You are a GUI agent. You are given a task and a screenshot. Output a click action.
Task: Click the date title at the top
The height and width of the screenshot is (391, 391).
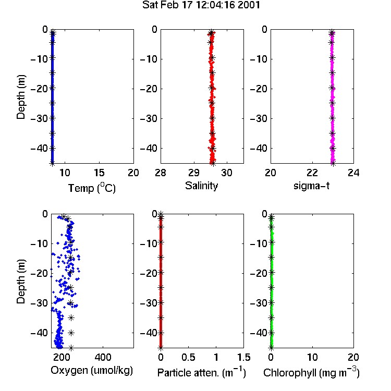[x=201, y=5]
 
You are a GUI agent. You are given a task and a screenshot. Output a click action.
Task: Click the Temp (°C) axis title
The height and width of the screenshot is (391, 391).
[x=92, y=188]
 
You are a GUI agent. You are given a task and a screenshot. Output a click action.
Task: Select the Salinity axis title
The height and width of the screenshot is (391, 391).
[x=201, y=186]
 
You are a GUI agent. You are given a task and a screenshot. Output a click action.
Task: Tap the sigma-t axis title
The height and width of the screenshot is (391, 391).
[x=311, y=186]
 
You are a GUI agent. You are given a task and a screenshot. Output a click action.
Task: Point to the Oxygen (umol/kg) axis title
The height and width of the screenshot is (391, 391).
[x=92, y=371]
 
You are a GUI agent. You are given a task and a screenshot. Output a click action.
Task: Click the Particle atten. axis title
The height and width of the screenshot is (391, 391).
[x=201, y=373]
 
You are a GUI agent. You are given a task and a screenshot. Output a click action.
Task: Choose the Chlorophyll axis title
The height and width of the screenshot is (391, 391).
[x=311, y=373]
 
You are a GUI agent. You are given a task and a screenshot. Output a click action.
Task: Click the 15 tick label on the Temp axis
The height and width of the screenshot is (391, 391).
[x=99, y=173]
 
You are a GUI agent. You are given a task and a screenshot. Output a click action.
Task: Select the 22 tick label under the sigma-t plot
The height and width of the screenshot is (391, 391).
[x=312, y=173]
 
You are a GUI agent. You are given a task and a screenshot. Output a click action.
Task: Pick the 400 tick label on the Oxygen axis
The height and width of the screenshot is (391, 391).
[x=103, y=357]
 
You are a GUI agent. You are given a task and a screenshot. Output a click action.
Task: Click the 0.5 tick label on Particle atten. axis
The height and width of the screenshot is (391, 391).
[x=188, y=357]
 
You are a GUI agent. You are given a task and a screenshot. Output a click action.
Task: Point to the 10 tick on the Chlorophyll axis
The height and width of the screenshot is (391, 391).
[x=312, y=357]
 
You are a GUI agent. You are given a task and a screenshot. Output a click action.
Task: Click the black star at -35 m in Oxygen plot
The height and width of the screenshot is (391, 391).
[x=71, y=317]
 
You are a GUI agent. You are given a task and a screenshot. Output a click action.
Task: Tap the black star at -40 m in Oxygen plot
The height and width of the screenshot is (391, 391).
[x=71, y=333]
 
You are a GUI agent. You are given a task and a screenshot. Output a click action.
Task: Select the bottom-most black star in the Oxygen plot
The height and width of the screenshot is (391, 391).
[x=71, y=348]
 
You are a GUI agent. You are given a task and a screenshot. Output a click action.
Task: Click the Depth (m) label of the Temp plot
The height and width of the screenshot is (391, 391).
[x=21, y=97]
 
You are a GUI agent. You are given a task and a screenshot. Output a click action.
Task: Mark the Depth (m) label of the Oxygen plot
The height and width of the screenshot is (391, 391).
[x=21, y=282]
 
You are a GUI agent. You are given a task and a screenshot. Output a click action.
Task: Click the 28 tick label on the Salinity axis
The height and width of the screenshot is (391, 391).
[x=161, y=173]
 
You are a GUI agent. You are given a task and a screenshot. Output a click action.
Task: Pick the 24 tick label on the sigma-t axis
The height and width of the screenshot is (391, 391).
[x=353, y=173]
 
